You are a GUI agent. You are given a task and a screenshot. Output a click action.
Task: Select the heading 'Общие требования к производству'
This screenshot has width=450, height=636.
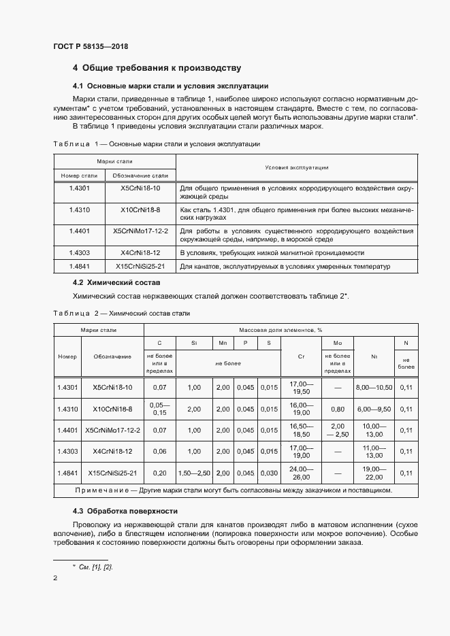161,68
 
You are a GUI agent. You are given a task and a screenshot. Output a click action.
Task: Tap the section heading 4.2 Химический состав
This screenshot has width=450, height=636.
116,282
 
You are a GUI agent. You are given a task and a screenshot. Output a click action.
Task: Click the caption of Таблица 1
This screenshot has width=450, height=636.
155,144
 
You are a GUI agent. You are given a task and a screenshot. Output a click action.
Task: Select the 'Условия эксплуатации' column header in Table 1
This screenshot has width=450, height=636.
297,167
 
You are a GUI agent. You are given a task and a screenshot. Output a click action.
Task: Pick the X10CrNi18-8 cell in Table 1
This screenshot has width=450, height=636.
140,210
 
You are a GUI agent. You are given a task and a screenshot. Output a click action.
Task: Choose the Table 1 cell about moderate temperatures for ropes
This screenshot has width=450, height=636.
285,267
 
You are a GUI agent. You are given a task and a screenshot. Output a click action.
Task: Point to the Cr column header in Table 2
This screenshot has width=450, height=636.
301,355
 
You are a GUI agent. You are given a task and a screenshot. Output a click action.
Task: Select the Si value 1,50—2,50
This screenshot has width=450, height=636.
193,473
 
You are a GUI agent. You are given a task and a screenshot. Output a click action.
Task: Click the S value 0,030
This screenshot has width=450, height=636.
269,473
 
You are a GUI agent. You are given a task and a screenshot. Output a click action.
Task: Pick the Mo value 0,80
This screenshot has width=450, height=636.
337,409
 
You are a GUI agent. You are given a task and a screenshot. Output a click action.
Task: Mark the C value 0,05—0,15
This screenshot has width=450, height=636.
160,409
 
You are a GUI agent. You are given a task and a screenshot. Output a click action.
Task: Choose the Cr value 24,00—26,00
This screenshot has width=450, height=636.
300,473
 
